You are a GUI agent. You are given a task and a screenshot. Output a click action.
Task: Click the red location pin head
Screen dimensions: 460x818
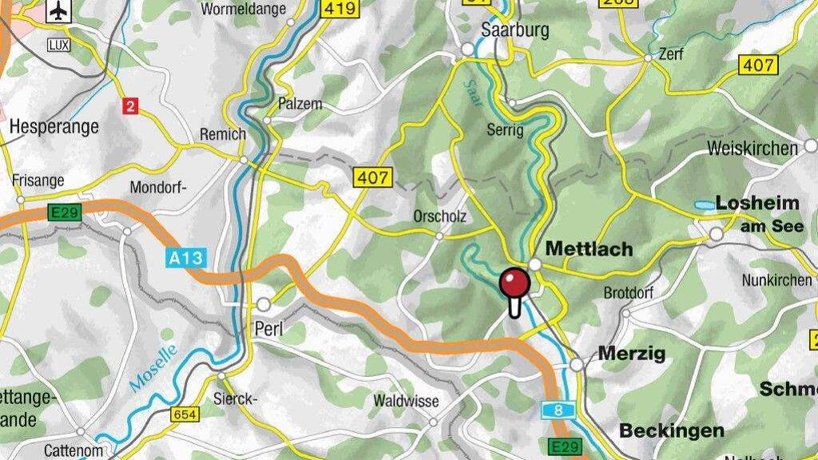[x=514, y=283]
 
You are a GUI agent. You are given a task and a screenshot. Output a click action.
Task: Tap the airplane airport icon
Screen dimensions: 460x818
[x=58, y=11]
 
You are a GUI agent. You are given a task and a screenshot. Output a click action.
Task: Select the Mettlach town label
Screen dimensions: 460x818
[x=589, y=249]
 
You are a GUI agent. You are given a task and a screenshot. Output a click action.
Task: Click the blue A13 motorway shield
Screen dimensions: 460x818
[x=186, y=258]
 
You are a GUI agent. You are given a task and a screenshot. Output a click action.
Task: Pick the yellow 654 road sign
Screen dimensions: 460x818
[x=184, y=414]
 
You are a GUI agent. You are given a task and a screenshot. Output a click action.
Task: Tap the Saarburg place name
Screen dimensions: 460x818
[x=516, y=30]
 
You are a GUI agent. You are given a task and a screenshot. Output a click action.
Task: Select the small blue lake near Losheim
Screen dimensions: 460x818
[x=705, y=205]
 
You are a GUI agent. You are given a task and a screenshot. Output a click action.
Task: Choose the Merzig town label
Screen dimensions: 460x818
[x=631, y=353]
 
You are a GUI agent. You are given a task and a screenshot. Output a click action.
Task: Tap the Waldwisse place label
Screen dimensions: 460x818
[x=406, y=401]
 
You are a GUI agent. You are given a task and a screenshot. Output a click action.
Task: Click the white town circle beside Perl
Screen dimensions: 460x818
[x=264, y=304]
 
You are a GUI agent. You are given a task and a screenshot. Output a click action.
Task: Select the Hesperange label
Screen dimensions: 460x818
[x=54, y=126]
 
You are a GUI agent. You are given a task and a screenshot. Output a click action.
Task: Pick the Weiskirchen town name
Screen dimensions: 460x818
[x=752, y=149]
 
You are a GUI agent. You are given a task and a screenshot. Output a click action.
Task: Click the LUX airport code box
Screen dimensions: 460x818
[x=58, y=45]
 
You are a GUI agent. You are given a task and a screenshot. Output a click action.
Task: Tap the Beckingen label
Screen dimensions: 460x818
[x=671, y=430]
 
